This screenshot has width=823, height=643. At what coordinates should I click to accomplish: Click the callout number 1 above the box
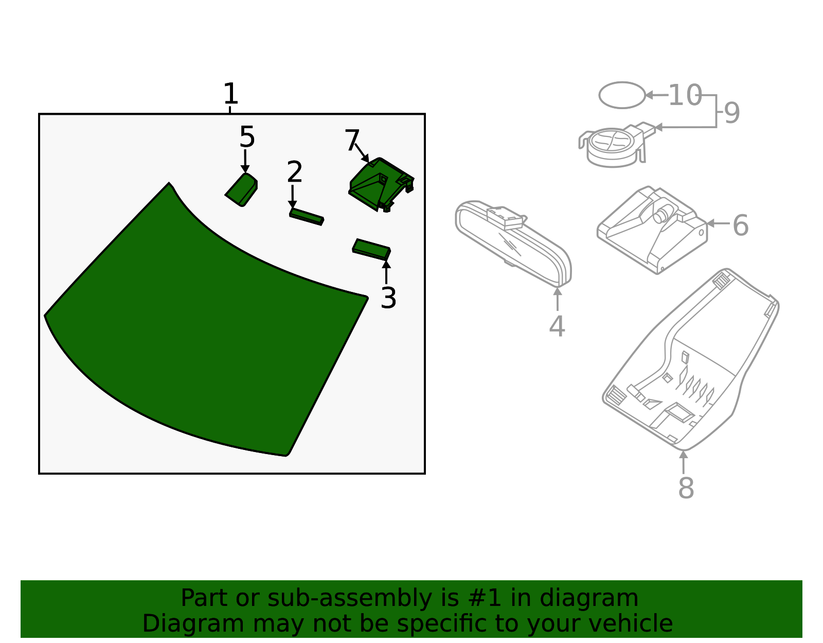(x=230, y=94)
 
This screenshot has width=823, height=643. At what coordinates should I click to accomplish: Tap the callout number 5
(x=247, y=137)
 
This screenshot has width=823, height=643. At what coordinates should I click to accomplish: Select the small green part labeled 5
(x=242, y=189)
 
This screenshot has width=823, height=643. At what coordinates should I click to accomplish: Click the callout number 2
(x=294, y=172)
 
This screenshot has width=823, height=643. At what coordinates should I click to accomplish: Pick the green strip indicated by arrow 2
(x=307, y=217)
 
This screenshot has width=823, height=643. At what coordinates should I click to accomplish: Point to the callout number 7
(x=352, y=141)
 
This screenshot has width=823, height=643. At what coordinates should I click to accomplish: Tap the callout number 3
(x=388, y=298)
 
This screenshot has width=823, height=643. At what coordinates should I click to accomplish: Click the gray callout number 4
(x=557, y=326)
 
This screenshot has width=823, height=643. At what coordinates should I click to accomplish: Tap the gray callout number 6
(x=740, y=225)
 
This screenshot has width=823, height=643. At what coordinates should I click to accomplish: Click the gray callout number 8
(x=686, y=488)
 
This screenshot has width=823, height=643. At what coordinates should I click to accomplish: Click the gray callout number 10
(x=685, y=96)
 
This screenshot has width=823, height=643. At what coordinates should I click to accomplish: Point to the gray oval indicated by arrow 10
(x=622, y=95)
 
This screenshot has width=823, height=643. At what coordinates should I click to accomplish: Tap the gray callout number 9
(x=731, y=113)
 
